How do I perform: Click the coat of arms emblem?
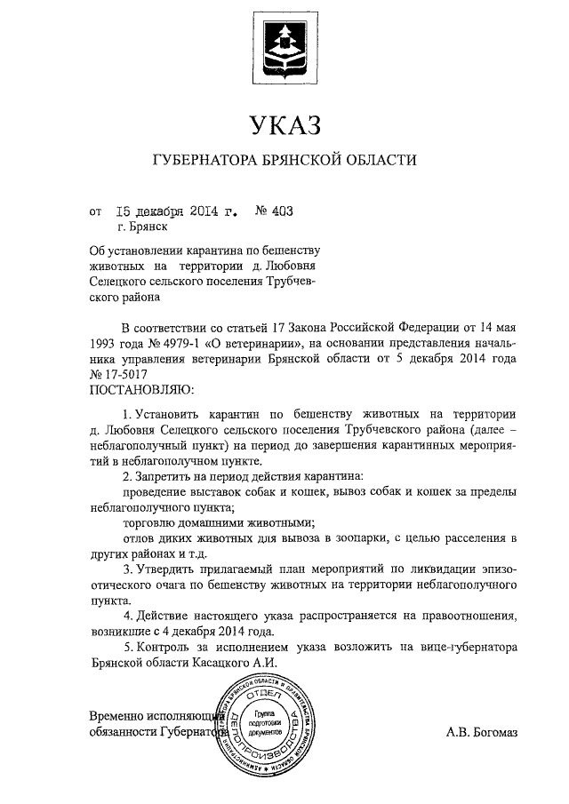click(x=284, y=47)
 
